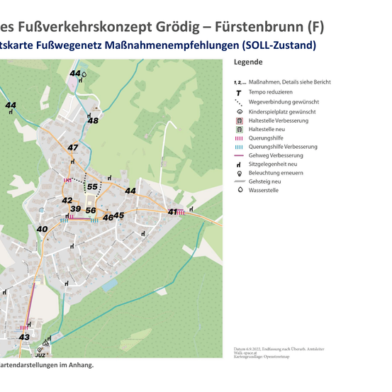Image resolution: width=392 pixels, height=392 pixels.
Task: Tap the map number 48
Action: coord(93,121)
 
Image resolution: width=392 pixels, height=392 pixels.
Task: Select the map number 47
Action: coord(72,147)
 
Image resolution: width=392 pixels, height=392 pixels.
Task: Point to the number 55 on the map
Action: coord(92,187)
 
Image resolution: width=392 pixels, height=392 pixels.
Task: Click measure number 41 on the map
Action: coord(172,212)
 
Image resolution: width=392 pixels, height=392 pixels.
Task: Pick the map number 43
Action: coord(24,337)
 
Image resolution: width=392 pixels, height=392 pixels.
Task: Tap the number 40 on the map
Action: coord(42,229)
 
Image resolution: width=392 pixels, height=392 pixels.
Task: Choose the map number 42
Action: coord(67,201)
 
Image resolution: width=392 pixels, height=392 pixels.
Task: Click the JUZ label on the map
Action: coord(40,355)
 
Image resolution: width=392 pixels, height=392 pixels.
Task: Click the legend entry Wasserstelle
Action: coord(264,191)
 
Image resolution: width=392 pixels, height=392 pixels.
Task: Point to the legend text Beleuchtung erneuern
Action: coord(276,172)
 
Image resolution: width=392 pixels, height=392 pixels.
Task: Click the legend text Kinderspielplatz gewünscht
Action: coord(282,112)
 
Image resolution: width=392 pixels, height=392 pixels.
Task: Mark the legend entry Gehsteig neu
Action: coord(267,181)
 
